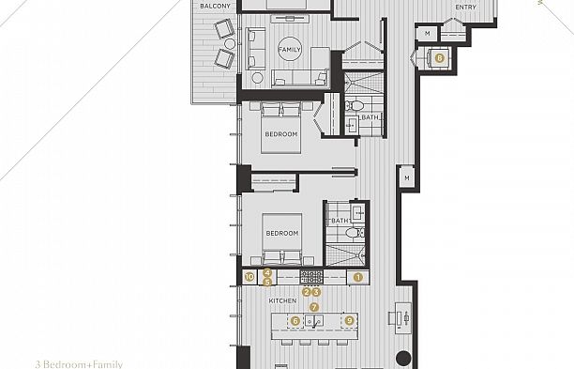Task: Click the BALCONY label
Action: (x=215, y=6)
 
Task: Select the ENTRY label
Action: (x=465, y=8)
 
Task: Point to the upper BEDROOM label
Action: (x=280, y=134)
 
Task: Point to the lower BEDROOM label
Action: (x=280, y=233)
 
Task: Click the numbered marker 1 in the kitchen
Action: (x=357, y=277)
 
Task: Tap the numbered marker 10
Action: (x=249, y=277)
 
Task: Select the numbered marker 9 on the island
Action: (x=349, y=320)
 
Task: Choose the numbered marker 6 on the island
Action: (x=296, y=320)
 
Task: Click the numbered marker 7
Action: (x=314, y=307)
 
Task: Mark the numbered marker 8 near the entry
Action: (x=440, y=57)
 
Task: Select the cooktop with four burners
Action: (x=310, y=277)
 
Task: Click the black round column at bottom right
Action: (x=403, y=358)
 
